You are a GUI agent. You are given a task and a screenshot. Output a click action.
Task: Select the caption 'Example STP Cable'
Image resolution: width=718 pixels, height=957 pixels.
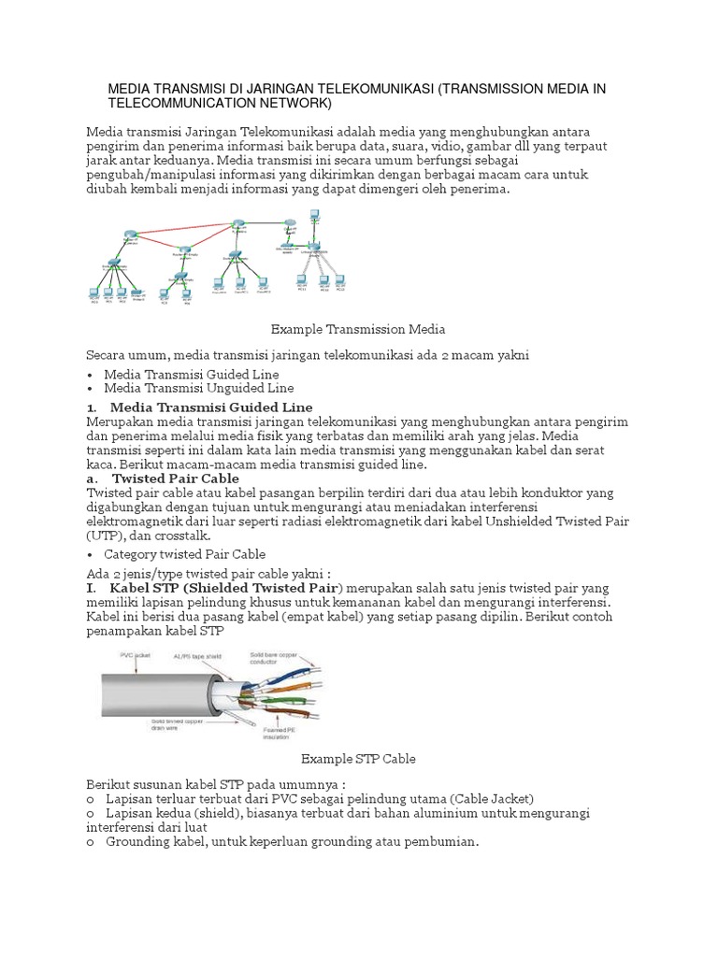(359, 759)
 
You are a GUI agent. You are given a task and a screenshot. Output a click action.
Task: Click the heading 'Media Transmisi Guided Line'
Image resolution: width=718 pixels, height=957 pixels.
(210, 407)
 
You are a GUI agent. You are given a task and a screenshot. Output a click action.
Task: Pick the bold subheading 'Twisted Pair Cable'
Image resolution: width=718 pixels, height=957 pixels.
(176, 478)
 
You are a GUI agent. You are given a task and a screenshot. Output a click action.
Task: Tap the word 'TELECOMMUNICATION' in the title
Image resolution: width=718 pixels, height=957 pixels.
(179, 102)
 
